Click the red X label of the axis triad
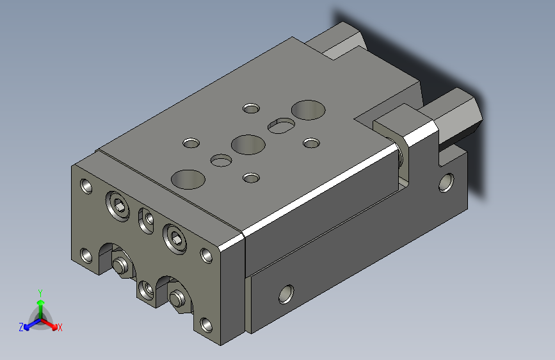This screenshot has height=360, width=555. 60,327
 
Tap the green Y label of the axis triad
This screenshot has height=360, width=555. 40,293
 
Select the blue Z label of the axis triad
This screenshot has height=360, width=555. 21,327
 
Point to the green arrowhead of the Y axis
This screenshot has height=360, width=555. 41,302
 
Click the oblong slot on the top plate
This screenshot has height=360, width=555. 281,126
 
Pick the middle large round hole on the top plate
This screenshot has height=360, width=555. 248,145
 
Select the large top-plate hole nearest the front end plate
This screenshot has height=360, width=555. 188,179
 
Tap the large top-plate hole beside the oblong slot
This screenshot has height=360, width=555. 309,110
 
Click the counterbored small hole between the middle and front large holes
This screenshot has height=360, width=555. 221,160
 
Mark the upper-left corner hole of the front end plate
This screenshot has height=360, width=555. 86,186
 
